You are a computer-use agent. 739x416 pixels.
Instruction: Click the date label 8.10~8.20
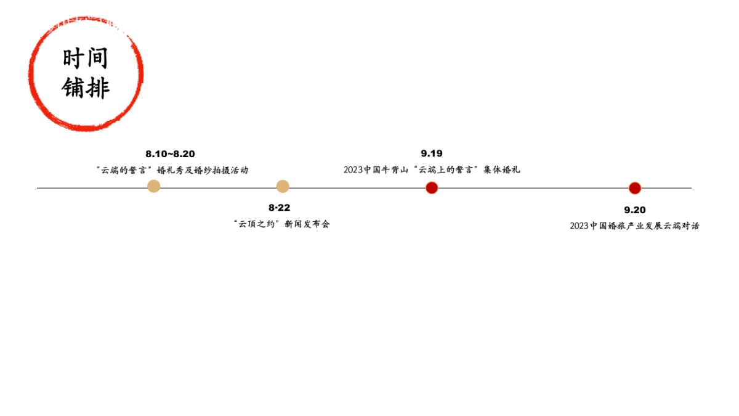coord(170,154)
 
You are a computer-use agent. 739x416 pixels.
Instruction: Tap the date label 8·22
coord(279,208)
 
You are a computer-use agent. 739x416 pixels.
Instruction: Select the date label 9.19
coord(432,153)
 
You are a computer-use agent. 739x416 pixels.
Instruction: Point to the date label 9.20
coord(635,210)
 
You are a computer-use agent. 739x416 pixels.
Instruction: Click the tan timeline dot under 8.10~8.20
coord(154,186)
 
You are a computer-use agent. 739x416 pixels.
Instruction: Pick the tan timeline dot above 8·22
coord(283,186)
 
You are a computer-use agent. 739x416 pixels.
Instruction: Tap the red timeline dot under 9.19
coord(432,188)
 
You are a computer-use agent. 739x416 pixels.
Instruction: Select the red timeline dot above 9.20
coord(635,189)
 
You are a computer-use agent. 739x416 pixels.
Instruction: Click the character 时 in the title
coord(73,59)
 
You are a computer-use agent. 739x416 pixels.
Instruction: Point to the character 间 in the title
coord(97,59)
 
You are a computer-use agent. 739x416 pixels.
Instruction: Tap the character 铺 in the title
coord(73,88)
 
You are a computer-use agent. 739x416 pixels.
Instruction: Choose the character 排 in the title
coord(97,88)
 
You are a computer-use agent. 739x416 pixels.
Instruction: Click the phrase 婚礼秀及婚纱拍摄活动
coord(203,171)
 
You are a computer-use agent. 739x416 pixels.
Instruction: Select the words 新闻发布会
coord(307,224)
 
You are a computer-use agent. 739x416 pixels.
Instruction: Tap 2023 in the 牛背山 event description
coord(353,170)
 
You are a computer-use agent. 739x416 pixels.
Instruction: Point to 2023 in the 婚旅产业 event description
coord(579,226)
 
